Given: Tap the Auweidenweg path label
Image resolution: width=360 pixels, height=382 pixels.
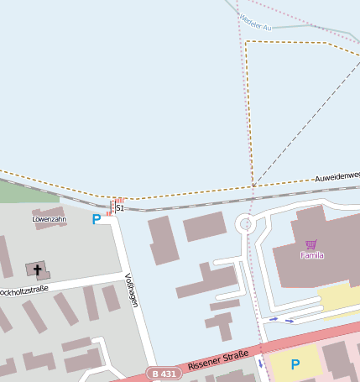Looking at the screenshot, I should [337, 177].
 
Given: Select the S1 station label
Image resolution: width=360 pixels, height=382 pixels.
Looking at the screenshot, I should [120, 207].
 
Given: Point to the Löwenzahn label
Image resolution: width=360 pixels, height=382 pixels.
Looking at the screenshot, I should [49, 219].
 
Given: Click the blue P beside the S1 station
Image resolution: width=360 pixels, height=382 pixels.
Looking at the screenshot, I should [97, 219].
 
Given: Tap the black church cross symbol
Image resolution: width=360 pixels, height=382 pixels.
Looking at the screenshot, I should [37, 269].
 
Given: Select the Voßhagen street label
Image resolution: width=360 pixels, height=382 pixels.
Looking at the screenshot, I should [131, 290].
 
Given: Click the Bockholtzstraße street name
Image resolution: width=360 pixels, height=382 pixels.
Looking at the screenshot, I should [23, 291].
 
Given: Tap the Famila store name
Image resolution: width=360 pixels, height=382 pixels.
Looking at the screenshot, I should [312, 254].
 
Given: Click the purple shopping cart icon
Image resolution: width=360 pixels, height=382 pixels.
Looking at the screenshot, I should [311, 244].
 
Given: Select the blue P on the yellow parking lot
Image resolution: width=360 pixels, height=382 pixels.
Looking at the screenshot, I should [295, 364].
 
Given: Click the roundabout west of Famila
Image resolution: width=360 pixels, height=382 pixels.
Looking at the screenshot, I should [246, 224].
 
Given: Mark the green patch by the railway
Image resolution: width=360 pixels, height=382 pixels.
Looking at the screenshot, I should [17, 192].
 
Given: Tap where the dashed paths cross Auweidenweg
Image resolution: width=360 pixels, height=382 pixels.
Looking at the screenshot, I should [253, 186].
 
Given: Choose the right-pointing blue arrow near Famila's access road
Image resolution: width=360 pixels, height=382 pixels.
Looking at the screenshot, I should [290, 320].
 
